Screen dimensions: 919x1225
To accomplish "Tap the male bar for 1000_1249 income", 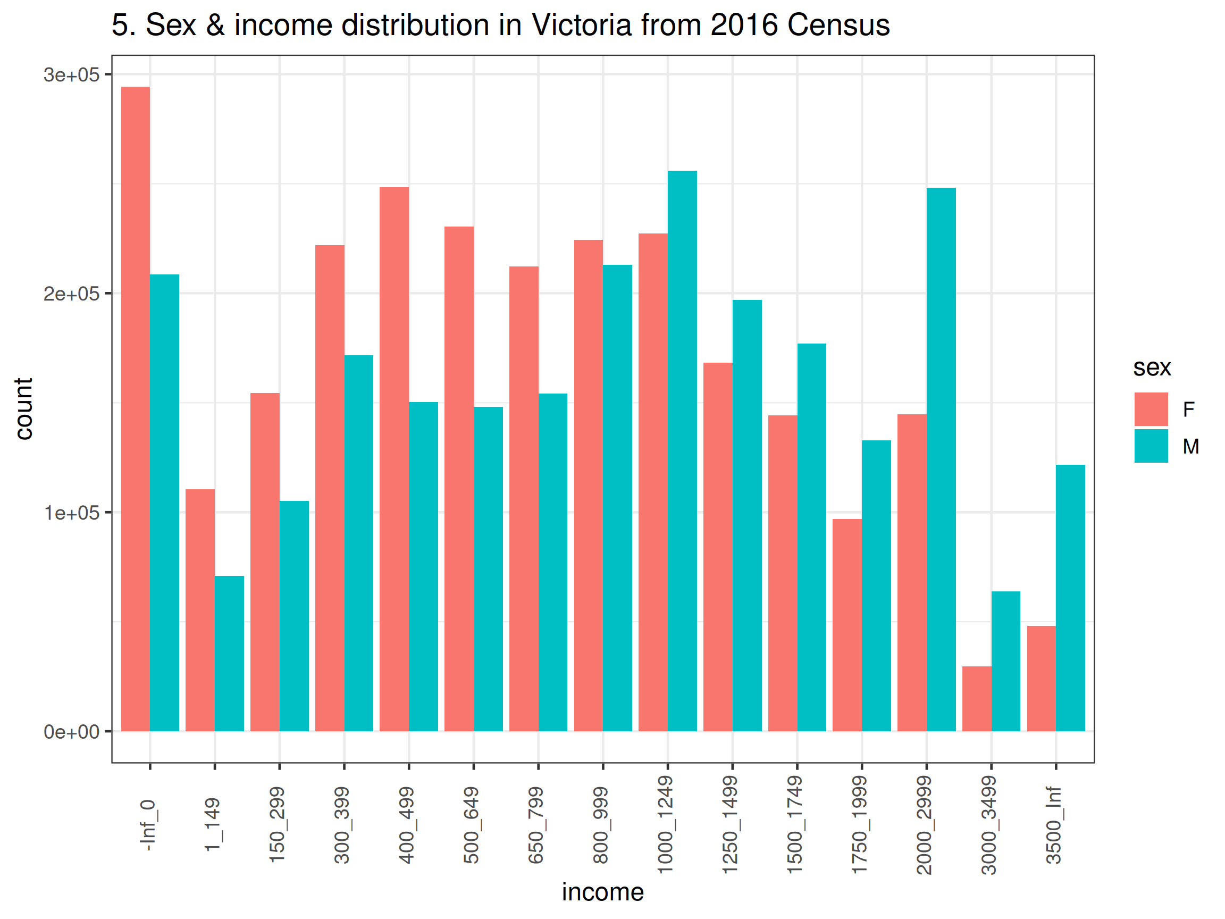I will pyautogui.click(x=682, y=451).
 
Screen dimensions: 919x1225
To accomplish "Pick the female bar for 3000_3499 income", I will pyautogui.click(x=976, y=698).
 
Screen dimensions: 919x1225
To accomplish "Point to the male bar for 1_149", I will pyautogui.click(x=229, y=654).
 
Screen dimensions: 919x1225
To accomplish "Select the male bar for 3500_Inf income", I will pyautogui.click(x=1070, y=598).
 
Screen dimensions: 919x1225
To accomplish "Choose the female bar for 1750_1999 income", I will pyautogui.click(x=847, y=625).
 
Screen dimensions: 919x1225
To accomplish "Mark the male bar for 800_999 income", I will pyautogui.click(x=617, y=498).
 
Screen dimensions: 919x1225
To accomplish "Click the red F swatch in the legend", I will pyautogui.click(x=1151, y=410).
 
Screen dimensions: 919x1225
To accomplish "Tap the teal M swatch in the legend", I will pyautogui.click(x=1151, y=446).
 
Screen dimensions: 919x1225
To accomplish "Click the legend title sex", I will pyautogui.click(x=1152, y=368).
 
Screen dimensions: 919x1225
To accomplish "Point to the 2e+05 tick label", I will pyautogui.click(x=71, y=294).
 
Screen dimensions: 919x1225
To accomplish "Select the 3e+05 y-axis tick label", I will pyautogui.click(x=71, y=75).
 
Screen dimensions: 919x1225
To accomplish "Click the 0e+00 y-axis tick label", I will pyautogui.click(x=71, y=732).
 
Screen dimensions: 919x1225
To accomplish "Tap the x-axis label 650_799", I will pyautogui.click(x=536, y=825).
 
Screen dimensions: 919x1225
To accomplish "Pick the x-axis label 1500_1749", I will pyautogui.click(x=795, y=825).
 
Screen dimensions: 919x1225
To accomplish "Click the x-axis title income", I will pyautogui.click(x=602, y=892).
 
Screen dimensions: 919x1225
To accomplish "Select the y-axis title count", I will pyautogui.click(x=24, y=409).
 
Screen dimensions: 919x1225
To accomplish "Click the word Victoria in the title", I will pyautogui.click(x=581, y=25).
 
